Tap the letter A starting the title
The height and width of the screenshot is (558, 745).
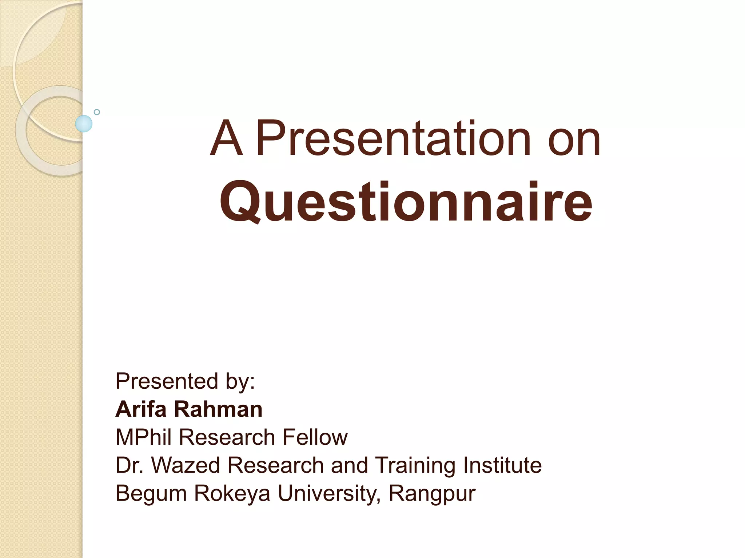(226, 138)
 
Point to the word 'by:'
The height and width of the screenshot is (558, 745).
(240, 382)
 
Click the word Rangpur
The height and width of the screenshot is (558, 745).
(432, 494)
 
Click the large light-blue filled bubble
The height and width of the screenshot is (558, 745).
(84, 124)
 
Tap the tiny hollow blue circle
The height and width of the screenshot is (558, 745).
(97, 112)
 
